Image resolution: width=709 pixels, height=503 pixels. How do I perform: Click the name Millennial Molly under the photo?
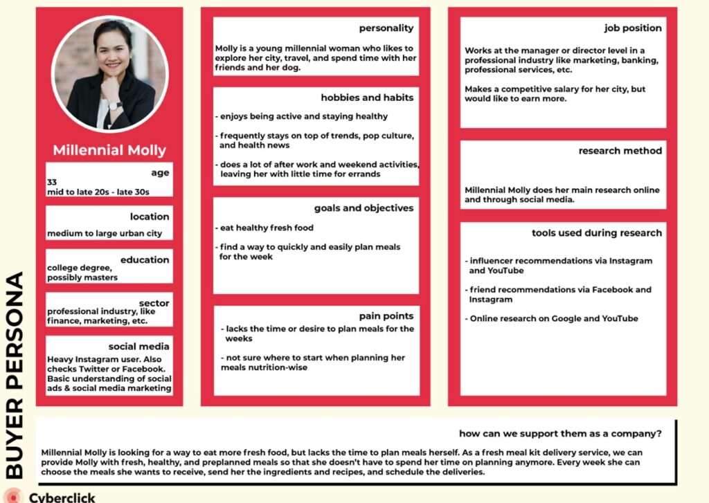click(x=109, y=150)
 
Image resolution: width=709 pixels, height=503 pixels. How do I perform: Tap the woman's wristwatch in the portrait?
click(x=115, y=106)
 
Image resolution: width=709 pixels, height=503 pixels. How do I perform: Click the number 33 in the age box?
click(x=52, y=182)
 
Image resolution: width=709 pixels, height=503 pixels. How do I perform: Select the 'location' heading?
click(x=149, y=216)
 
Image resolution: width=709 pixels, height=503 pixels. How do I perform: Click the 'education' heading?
click(x=144, y=259)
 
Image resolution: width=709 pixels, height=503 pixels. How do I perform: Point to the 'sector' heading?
click(x=154, y=303)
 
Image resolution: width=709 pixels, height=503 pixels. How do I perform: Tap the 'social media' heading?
click(x=138, y=347)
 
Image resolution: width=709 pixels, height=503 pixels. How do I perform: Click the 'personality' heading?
click(x=386, y=28)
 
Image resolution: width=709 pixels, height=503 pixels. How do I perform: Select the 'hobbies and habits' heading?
click(x=367, y=98)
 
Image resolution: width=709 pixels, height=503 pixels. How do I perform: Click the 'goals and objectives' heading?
click(x=364, y=208)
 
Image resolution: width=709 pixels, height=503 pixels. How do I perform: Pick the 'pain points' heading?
click(x=386, y=315)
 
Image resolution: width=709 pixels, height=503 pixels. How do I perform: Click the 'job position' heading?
click(x=633, y=28)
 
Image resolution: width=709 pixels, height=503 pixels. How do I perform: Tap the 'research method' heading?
click(x=620, y=150)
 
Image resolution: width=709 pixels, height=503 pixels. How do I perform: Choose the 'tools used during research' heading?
click(x=597, y=232)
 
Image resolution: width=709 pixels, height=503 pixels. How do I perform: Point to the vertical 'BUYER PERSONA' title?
click(x=15, y=374)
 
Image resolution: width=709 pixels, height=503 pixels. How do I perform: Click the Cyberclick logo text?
click(x=62, y=497)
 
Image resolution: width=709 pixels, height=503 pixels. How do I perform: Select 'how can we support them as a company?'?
click(x=559, y=434)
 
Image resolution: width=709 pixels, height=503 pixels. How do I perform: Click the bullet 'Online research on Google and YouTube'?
click(x=552, y=318)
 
